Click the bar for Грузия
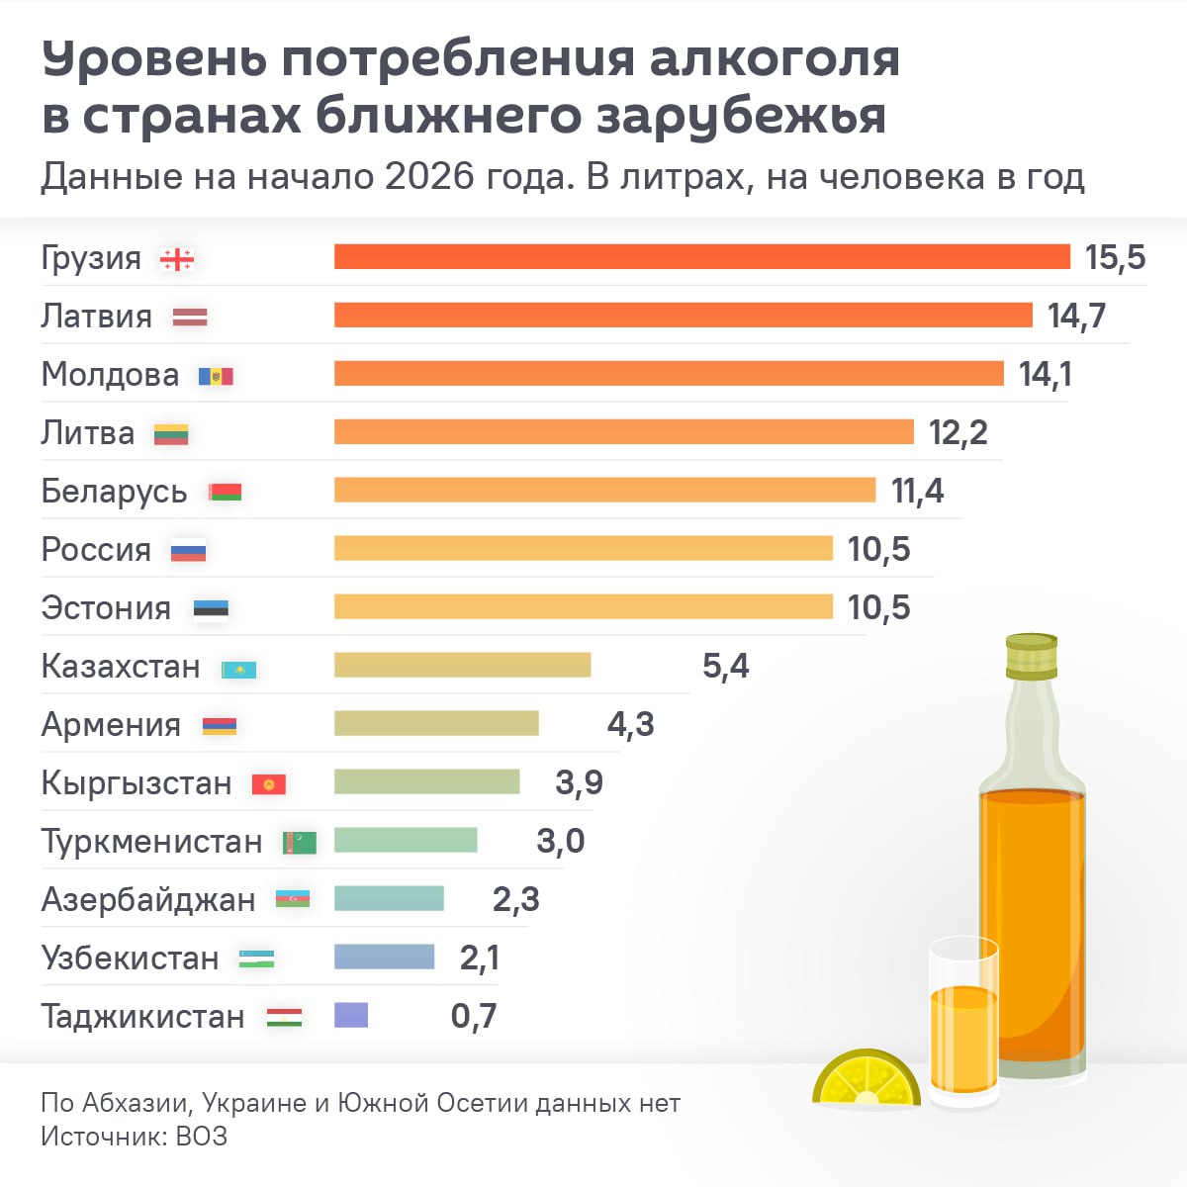point(702,257)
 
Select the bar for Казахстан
point(462,665)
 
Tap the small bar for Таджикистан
point(351,1015)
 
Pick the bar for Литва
point(623,432)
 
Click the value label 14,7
point(1076,317)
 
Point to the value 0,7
point(474,1016)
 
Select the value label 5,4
point(725,666)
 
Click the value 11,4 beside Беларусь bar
point(917,491)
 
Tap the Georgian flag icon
point(177,259)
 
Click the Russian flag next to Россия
point(188,551)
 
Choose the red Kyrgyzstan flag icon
point(268,784)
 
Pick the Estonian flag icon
point(210,609)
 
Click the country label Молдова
point(110,375)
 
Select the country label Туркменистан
point(151,842)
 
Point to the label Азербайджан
point(148,900)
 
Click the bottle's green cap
point(1032,656)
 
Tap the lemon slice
point(866,1080)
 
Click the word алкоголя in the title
point(775,59)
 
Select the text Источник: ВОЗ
point(134,1137)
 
